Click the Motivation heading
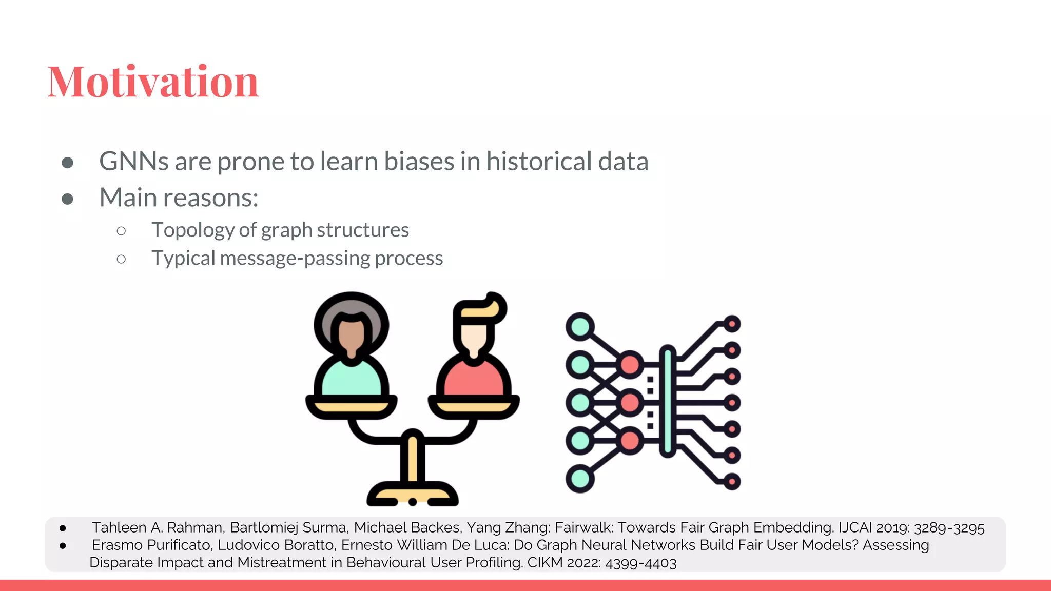(x=153, y=82)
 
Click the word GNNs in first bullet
(x=133, y=162)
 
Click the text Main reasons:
(x=179, y=198)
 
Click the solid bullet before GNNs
(x=67, y=163)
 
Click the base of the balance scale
(x=412, y=496)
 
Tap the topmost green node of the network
(x=580, y=326)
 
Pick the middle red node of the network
(x=630, y=403)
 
